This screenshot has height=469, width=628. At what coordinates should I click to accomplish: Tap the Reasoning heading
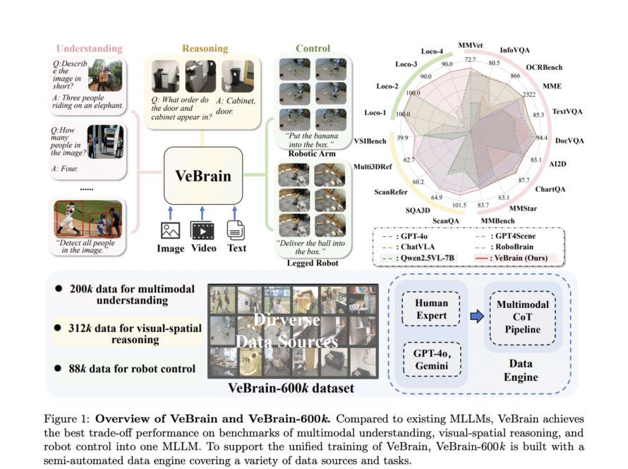[205, 49]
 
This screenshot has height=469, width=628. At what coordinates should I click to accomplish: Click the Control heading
[313, 49]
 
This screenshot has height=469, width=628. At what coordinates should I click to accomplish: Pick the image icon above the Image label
[170, 230]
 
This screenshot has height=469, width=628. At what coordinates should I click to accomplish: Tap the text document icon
[236, 230]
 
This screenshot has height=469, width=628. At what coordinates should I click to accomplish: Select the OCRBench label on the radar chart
[542, 67]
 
